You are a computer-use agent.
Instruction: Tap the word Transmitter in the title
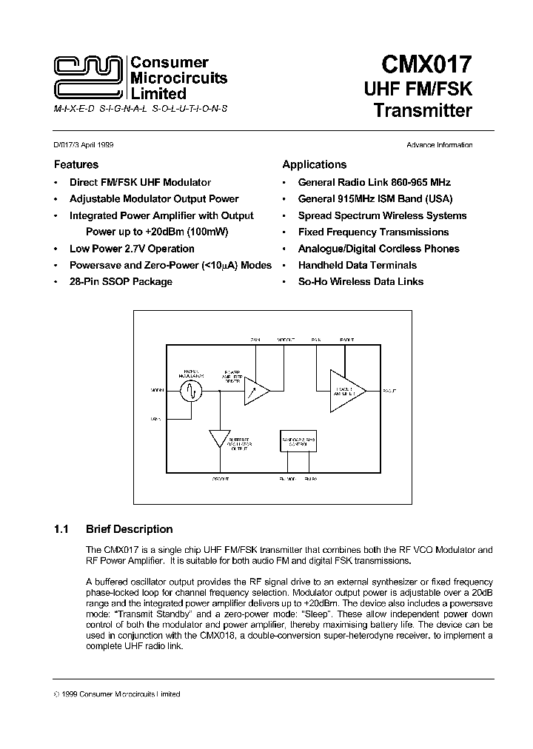(423, 111)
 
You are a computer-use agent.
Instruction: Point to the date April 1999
(98, 145)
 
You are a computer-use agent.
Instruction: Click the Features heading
(76, 164)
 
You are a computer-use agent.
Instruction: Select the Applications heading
(314, 164)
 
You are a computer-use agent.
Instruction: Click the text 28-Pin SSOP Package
(121, 281)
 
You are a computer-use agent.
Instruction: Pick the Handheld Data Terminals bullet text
(357, 265)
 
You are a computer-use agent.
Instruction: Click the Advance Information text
(439, 145)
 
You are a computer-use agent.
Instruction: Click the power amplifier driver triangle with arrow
(255, 390)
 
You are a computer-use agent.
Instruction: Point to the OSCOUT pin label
(220, 480)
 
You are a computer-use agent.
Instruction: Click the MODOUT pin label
(286, 340)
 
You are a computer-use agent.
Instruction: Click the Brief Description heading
(129, 529)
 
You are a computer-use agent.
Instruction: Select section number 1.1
(61, 529)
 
